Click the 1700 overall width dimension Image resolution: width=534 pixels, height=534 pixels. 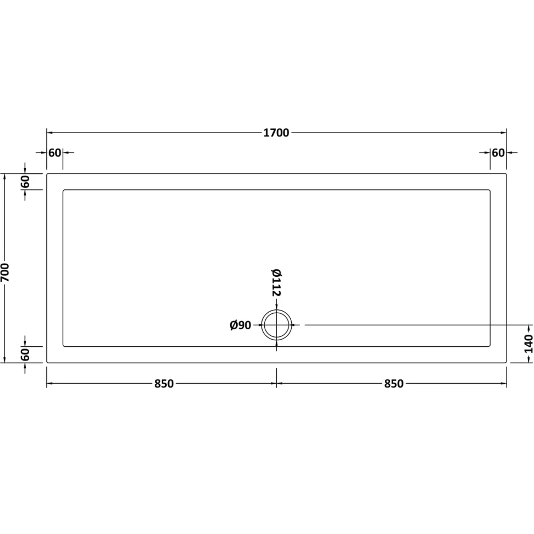pyautogui.click(x=276, y=133)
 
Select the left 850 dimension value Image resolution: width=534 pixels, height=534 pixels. pyautogui.click(x=164, y=384)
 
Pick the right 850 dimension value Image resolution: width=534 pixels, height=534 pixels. pyautogui.click(x=394, y=384)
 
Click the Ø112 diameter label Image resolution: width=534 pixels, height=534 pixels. pyautogui.click(x=276, y=282)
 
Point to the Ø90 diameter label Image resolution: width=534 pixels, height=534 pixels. pyautogui.click(x=241, y=325)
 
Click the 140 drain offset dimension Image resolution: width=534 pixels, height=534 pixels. pyautogui.click(x=528, y=344)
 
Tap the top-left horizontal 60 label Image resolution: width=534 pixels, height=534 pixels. pyautogui.click(x=55, y=153)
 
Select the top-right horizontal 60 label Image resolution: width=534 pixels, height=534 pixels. pyautogui.click(x=498, y=153)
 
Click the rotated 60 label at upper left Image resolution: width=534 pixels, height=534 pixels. pyautogui.click(x=25, y=182)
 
